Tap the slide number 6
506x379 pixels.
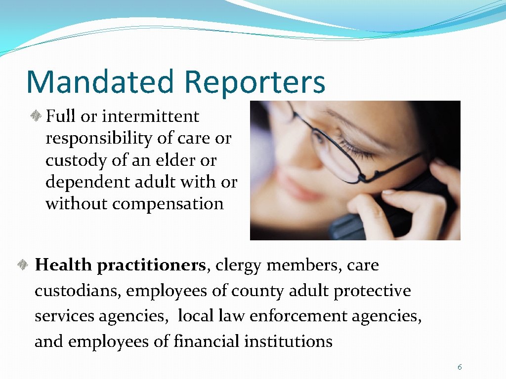(x=460, y=367)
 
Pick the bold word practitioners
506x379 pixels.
(x=151, y=266)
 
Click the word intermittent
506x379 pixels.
(x=150, y=116)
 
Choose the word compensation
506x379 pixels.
(x=168, y=204)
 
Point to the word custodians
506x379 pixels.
(x=77, y=291)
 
